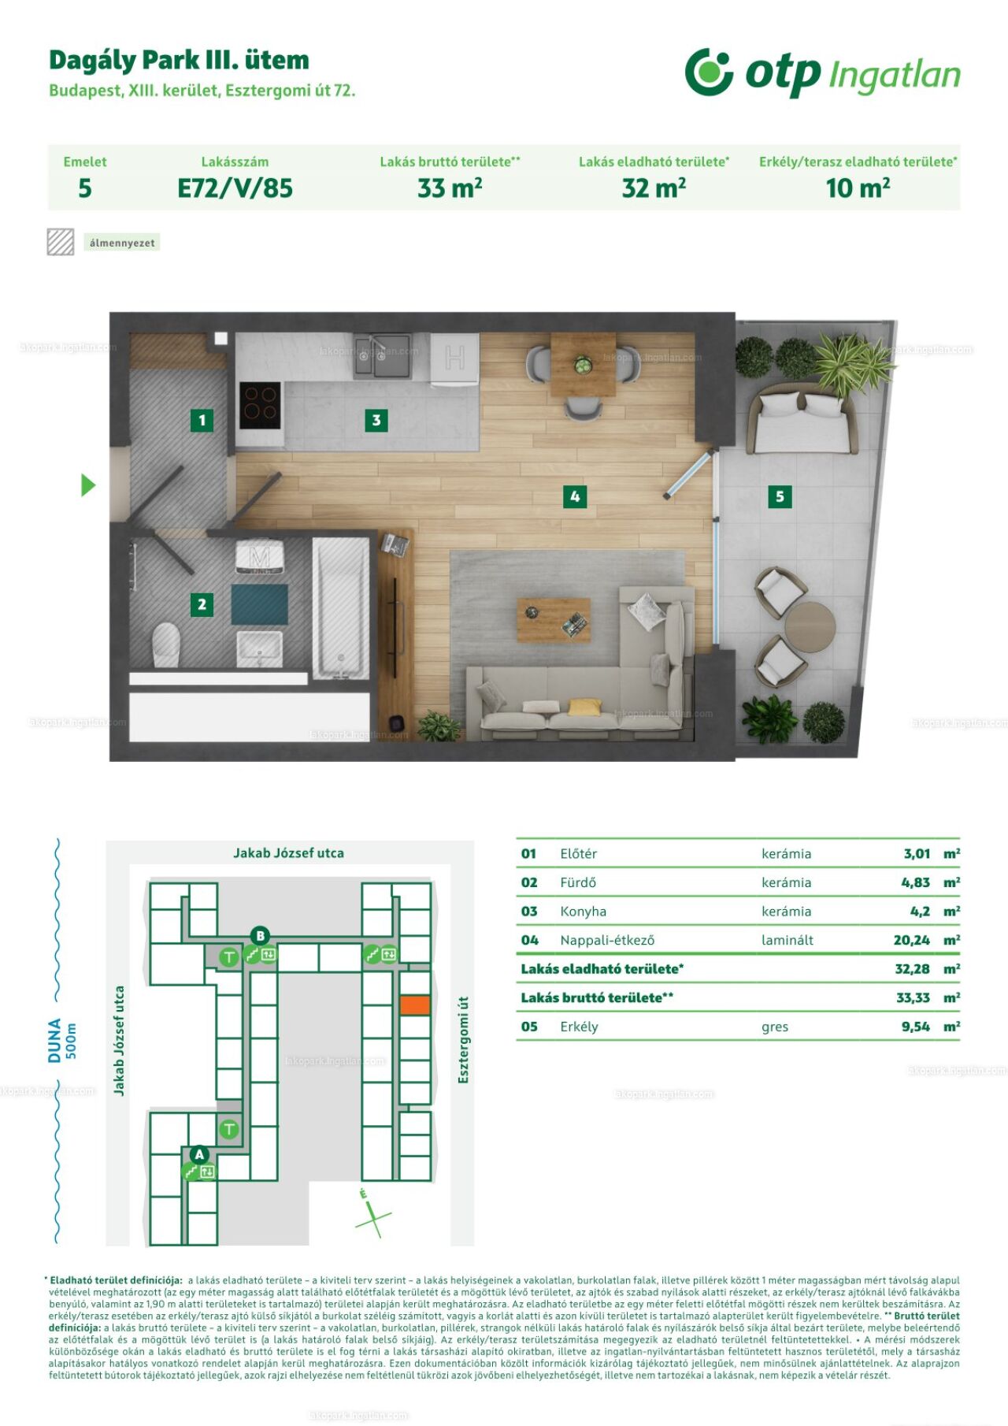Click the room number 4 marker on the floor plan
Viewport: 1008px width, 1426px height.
[x=575, y=496]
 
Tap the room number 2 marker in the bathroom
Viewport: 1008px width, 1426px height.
[x=202, y=604]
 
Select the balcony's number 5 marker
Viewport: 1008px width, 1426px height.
[x=780, y=496]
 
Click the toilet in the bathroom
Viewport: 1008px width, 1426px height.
[x=166, y=644]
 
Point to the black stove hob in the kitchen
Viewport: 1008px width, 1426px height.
[x=260, y=405]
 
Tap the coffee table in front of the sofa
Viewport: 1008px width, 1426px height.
[x=554, y=619]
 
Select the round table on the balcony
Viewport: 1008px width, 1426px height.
[x=810, y=627]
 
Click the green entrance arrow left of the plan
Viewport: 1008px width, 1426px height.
[x=88, y=485]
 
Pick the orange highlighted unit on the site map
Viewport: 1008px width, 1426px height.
[x=415, y=1005]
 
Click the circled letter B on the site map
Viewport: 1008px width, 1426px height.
[x=260, y=936]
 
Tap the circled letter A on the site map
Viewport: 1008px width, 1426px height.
[x=199, y=1154]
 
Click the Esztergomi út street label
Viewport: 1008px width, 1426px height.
[x=463, y=1040]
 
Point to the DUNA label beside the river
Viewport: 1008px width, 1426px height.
[x=54, y=1040]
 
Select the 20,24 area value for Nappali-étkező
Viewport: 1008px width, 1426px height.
[x=912, y=940]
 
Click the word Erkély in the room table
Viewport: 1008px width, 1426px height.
[x=579, y=1027]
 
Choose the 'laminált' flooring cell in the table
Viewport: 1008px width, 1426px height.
[x=787, y=940]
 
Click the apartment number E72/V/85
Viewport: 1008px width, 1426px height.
[x=235, y=188]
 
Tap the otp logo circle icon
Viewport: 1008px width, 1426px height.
[x=709, y=72]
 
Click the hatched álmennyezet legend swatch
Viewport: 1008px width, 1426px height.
[x=61, y=242]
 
